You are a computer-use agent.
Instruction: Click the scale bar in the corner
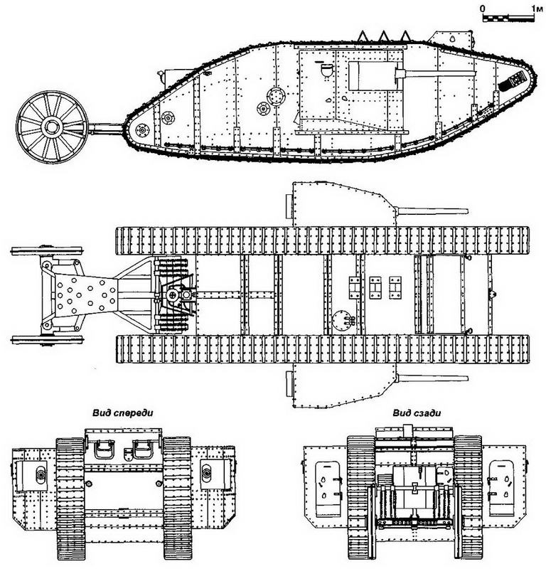point(508,17)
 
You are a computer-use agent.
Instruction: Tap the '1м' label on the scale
point(537,9)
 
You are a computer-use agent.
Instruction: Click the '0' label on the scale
point(483,9)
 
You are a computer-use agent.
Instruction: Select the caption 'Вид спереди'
point(122,413)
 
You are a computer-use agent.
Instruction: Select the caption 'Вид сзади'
point(417,413)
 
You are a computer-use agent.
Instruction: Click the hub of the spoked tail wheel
point(50,127)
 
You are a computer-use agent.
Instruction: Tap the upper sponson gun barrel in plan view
point(432,211)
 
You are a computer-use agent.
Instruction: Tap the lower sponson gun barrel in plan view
point(432,378)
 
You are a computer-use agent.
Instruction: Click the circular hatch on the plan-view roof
point(341,320)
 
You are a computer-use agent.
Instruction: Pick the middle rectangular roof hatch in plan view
point(375,288)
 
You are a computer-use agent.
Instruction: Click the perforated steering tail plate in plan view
point(85,293)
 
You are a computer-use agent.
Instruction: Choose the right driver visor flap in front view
point(143,450)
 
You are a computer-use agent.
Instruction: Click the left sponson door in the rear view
point(328,488)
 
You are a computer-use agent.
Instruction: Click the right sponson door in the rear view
point(502,488)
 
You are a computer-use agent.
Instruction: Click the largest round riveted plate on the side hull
point(276,96)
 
